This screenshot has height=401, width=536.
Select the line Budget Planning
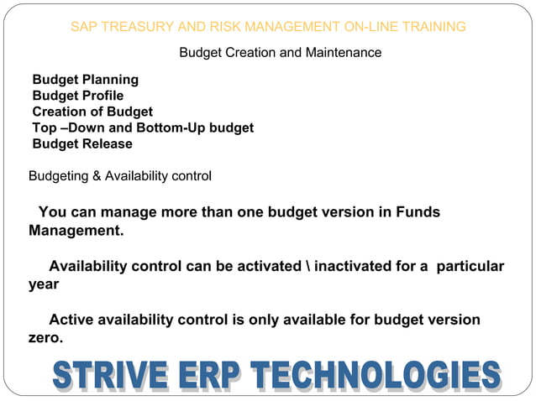85,80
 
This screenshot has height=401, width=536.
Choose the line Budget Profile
77,96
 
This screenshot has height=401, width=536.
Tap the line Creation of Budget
92,112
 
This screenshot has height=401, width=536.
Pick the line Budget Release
82,143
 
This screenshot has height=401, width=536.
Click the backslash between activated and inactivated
305,266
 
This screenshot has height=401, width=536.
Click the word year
44,284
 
